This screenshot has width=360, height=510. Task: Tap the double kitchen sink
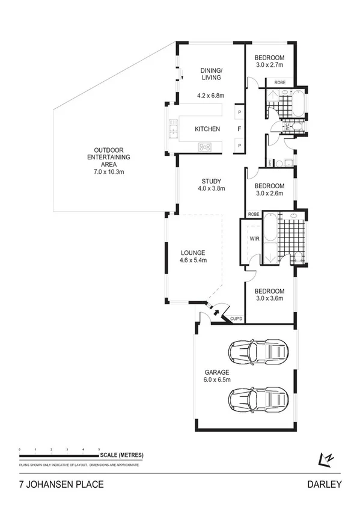pos(173,129)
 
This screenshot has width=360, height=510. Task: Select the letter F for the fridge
pos(239,129)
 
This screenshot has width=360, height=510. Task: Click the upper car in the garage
pos(257,351)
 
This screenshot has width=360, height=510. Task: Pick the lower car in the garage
pos(257,398)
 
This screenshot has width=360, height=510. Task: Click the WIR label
pos(254,237)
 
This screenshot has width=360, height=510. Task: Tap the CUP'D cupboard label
pos(236,318)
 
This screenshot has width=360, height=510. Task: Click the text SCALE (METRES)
pos(122,455)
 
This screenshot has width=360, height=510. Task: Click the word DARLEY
pos(325,484)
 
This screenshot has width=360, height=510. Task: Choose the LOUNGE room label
pos(192,253)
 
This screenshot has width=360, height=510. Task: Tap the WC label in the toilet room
pos(287,127)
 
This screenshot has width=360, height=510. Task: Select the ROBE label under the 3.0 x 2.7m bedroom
pos(279,82)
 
